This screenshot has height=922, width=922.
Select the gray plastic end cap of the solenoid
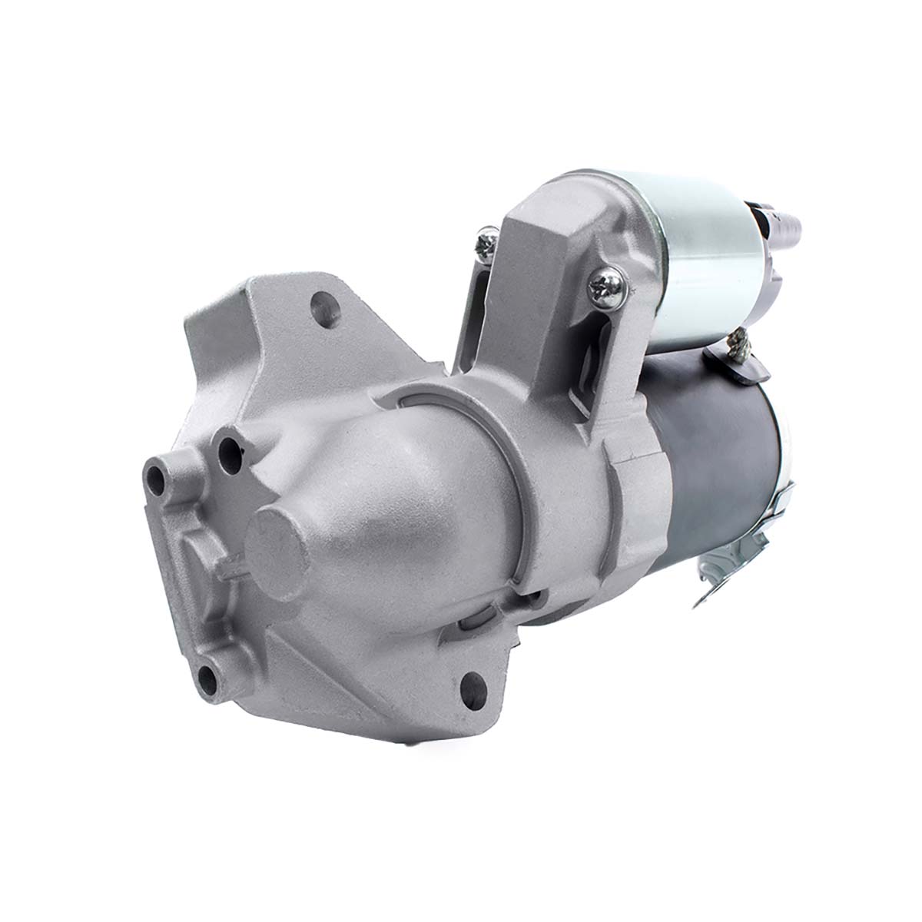(761, 254)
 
